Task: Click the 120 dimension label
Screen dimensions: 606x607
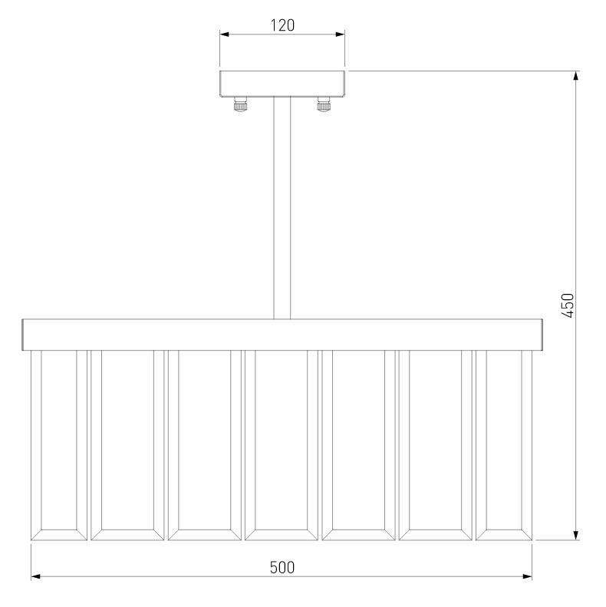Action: pyautogui.click(x=282, y=25)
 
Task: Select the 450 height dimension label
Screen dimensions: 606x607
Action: pyautogui.click(x=568, y=305)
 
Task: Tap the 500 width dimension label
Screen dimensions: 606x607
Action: pyautogui.click(x=282, y=568)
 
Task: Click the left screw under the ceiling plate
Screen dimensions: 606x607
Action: pyautogui.click(x=240, y=104)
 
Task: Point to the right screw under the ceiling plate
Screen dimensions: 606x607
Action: pyautogui.click(x=324, y=104)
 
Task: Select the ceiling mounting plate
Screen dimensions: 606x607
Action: pyautogui.click(x=282, y=84)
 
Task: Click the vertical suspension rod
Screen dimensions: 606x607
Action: pyautogui.click(x=282, y=208)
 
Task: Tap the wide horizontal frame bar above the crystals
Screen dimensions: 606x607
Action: pyautogui.click(x=282, y=335)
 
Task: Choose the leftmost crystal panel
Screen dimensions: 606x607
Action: pyautogui.click(x=59, y=445)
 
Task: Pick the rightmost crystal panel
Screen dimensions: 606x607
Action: pyautogui.click(x=504, y=445)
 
